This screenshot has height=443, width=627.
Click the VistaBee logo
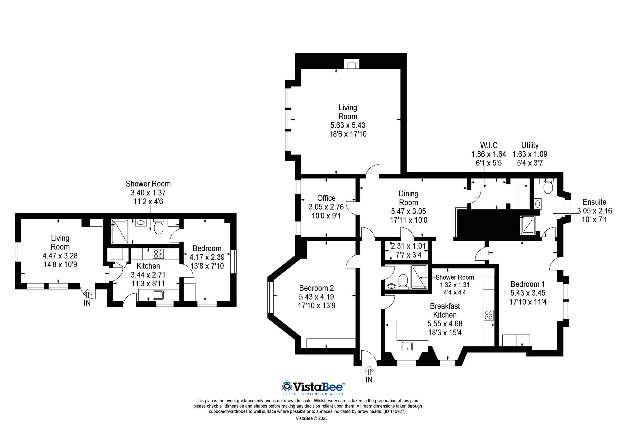pyautogui.click(x=313, y=387)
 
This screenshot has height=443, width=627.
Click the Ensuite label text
pyautogui.click(x=594, y=202)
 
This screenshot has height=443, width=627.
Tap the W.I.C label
pyautogui.click(x=489, y=145)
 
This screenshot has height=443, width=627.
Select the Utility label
pyautogui.click(x=530, y=145)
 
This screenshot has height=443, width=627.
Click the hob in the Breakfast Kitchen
pyautogui.click(x=488, y=316)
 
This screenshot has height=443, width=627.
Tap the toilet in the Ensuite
pyautogui.click(x=548, y=187)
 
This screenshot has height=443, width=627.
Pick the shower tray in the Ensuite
pyautogui.click(x=529, y=225)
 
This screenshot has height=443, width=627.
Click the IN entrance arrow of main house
pyautogui.click(x=369, y=371)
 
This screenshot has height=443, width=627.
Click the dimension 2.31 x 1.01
pyautogui.click(x=408, y=246)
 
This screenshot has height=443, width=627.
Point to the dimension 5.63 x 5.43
pyautogui.click(x=348, y=125)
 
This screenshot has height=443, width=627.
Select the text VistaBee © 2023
pyautogui.click(x=312, y=418)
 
